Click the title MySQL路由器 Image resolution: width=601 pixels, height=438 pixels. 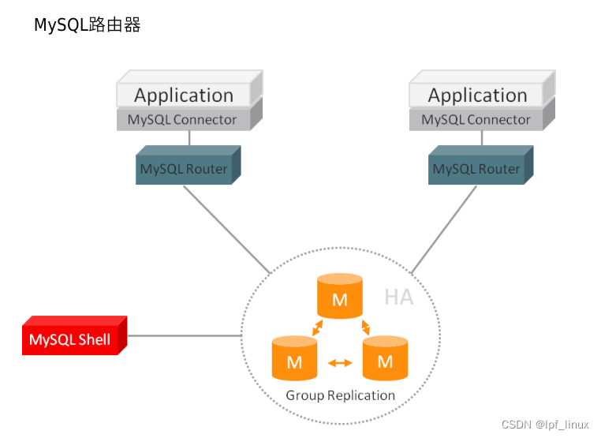[x=87, y=25]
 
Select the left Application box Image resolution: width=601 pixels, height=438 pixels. [x=184, y=95]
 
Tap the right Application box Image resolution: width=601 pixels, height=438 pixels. [x=477, y=95]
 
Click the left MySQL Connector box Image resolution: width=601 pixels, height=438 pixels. [x=182, y=120]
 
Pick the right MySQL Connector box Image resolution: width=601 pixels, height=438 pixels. [x=476, y=120]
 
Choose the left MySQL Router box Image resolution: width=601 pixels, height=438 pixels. [x=184, y=169]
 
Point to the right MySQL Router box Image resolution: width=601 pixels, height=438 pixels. [x=476, y=169]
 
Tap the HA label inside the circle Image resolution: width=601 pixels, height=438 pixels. [x=398, y=298]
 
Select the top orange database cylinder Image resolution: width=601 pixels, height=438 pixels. [x=340, y=297]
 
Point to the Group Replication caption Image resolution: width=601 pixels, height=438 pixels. [x=340, y=395]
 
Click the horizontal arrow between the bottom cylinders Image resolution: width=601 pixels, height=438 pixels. [x=340, y=363]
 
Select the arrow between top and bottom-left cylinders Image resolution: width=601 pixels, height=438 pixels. [x=316, y=327]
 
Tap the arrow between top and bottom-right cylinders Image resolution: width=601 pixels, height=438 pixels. [x=365, y=327]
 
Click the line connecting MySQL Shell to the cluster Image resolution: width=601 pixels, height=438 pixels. [x=184, y=336]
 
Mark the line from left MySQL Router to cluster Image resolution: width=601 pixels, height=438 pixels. [x=227, y=230]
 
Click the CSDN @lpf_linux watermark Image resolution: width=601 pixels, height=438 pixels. [x=545, y=425]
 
